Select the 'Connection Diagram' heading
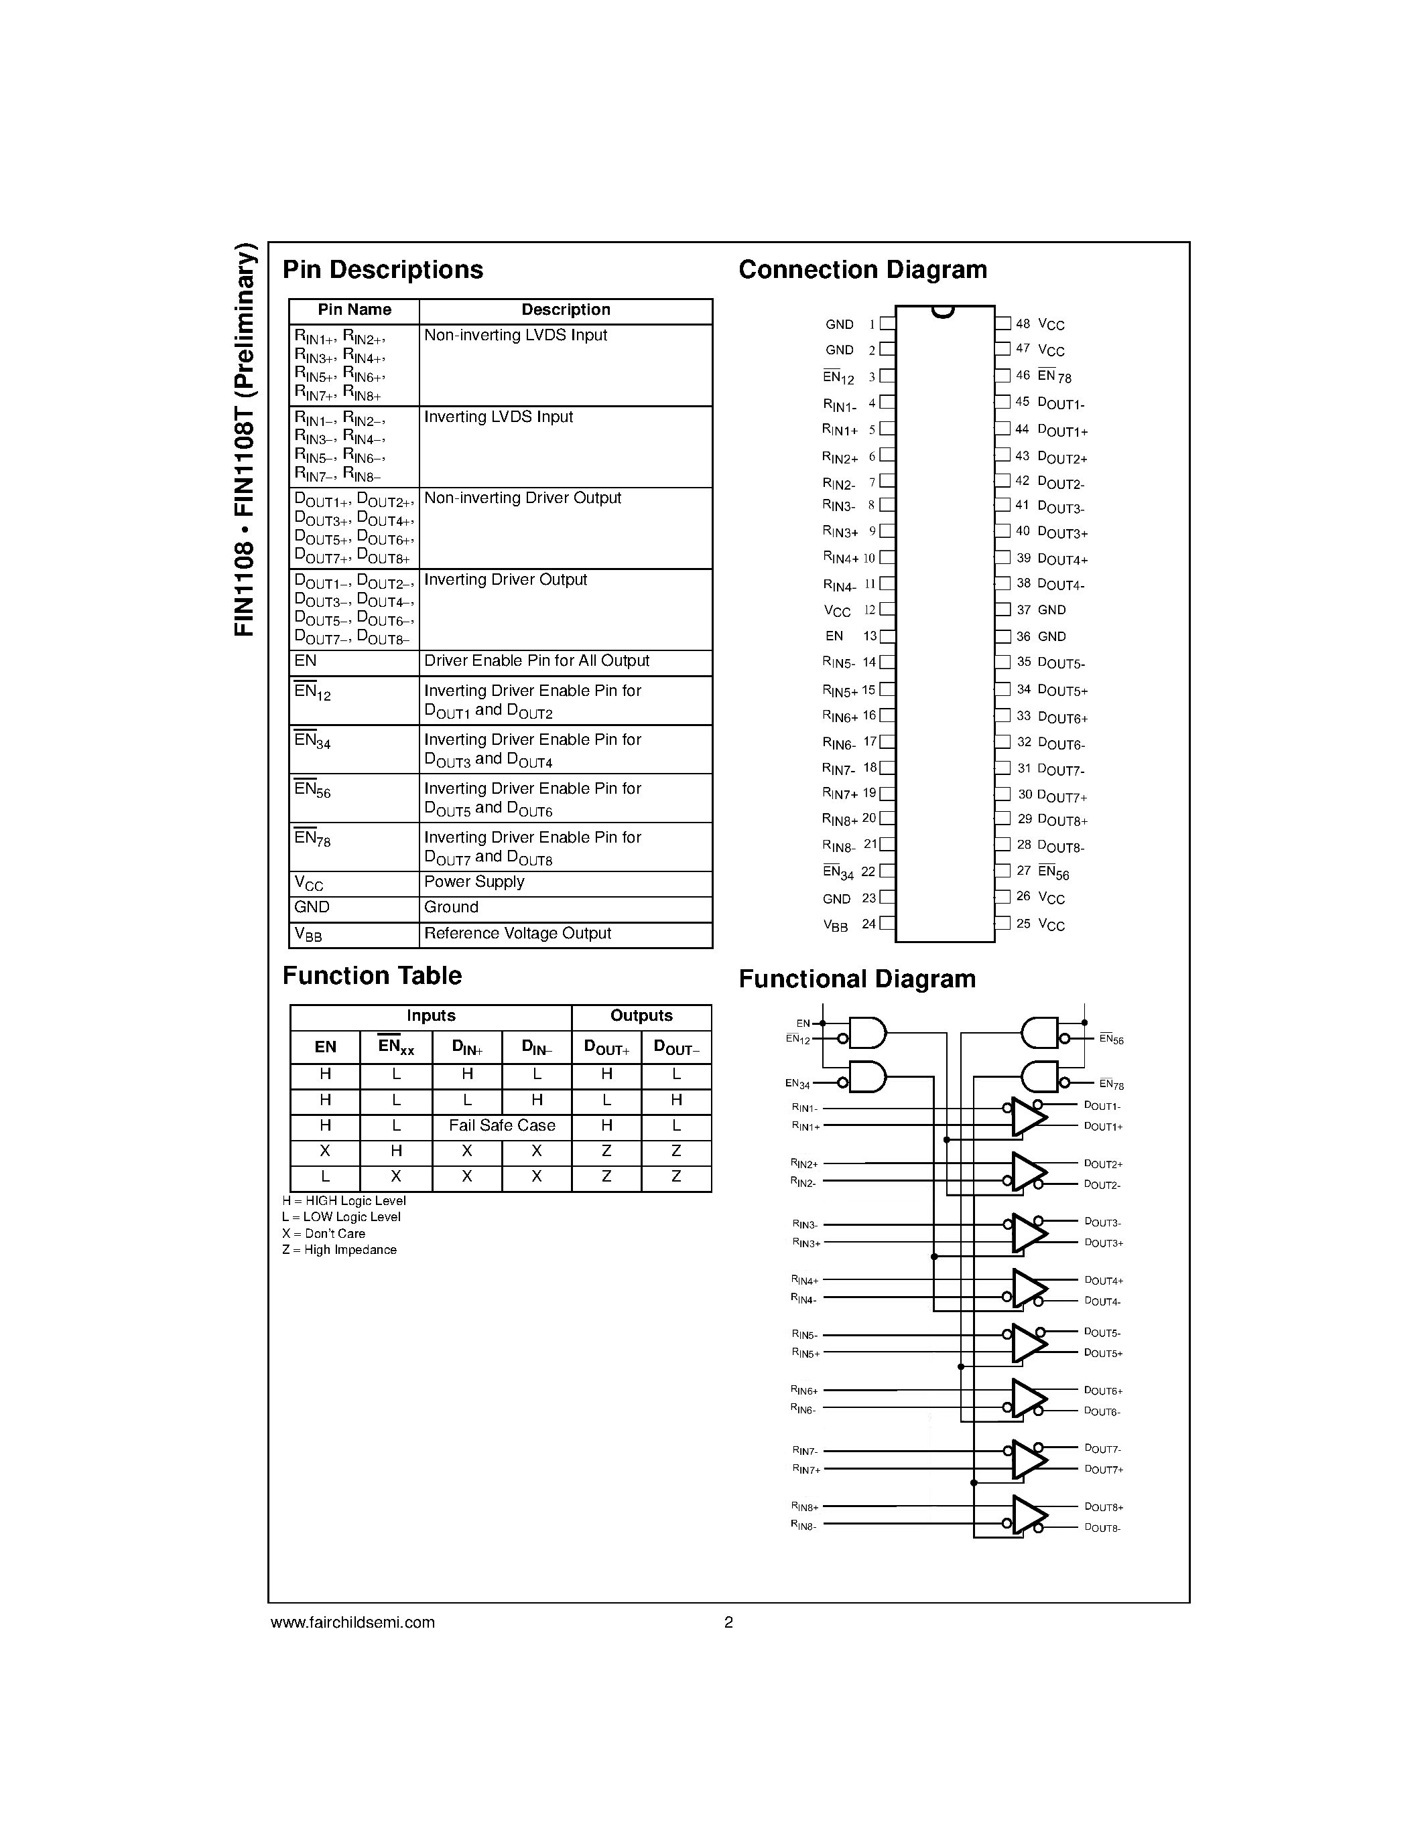click(x=862, y=270)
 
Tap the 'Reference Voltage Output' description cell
click(x=517, y=934)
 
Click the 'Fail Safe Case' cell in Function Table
click(x=502, y=1126)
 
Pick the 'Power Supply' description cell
click(x=474, y=882)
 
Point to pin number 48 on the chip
click(x=1023, y=324)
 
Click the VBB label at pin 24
click(x=835, y=925)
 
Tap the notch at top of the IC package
click(x=943, y=312)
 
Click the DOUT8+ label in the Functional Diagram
click(x=1104, y=1507)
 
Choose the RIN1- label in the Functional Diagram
click(x=805, y=1107)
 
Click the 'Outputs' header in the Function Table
click(x=641, y=1016)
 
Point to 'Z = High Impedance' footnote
click(x=339, y=1250)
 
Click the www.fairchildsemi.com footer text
click(x=352, y=1622)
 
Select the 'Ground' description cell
click(x=452, y=908)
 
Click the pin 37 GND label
click(x=1051, y=610)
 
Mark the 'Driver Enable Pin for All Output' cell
click(x=537, y=661)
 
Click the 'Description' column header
click(x=565, y=310)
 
